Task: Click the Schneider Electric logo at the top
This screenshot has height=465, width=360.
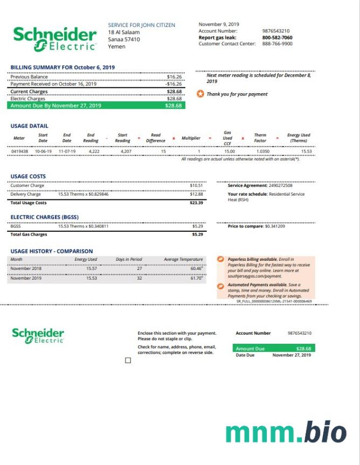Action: [54, 38]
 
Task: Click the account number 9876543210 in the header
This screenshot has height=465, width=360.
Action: [275, 31]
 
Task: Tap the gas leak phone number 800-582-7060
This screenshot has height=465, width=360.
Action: [277, 38]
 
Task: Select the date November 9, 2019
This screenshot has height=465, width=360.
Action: [219, 24]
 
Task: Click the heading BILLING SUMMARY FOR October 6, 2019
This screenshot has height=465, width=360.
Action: [63, 67]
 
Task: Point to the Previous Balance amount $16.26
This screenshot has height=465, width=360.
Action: [174, 77]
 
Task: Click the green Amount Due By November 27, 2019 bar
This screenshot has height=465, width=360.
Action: [96, 106]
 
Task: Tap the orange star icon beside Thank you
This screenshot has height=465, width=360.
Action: [200, 94]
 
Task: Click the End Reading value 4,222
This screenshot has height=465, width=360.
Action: [94, 152]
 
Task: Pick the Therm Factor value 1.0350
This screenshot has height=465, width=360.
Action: [262, 152]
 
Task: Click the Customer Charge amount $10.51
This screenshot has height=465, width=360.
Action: [196, 186]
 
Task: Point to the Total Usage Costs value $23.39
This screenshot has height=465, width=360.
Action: [196, 203]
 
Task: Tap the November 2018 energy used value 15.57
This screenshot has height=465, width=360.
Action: [92, 268]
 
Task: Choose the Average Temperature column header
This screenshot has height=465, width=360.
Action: [183, 260]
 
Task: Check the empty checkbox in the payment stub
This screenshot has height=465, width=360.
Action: [128, 360]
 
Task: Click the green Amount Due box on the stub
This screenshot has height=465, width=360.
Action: [273, 349]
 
